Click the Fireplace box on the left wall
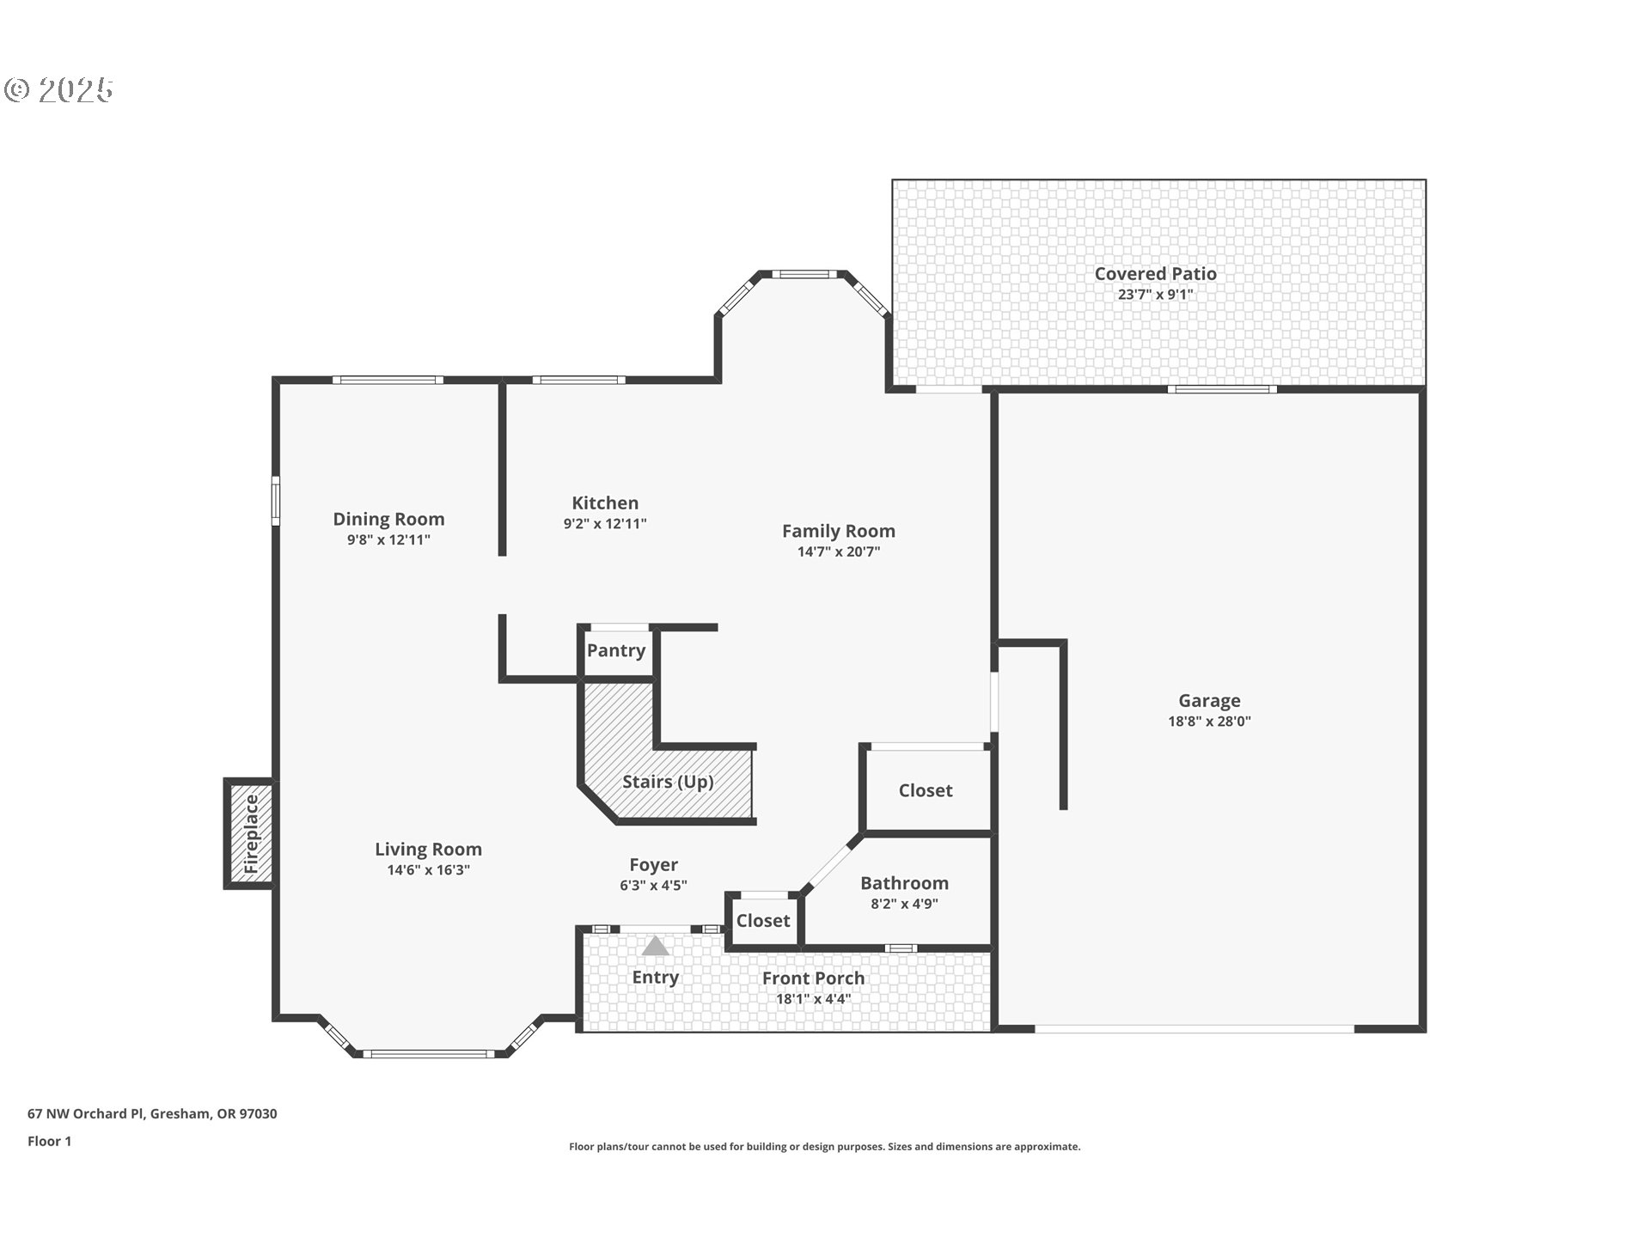pos(250,833)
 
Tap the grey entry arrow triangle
pos(656,946)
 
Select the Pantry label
pos(616,650)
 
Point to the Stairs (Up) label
pos(668,782)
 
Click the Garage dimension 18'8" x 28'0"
pos(1209,722)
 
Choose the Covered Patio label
pos(1155,273)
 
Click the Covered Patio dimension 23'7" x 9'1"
pos(1155,295)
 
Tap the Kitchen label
pos(605,503)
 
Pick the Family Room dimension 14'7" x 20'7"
pos(839,551)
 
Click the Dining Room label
pos(388,519)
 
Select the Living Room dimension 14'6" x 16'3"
pos(428,870)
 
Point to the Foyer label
pos(653,865)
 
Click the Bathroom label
pos(904,883)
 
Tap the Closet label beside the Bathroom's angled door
pos(763,921)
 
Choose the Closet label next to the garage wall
pos(926,790)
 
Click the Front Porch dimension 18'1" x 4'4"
pos(813,999)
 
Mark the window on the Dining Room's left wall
pos(276,501)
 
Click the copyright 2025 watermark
pos(59,89)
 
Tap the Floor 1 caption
pos(49,1141)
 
